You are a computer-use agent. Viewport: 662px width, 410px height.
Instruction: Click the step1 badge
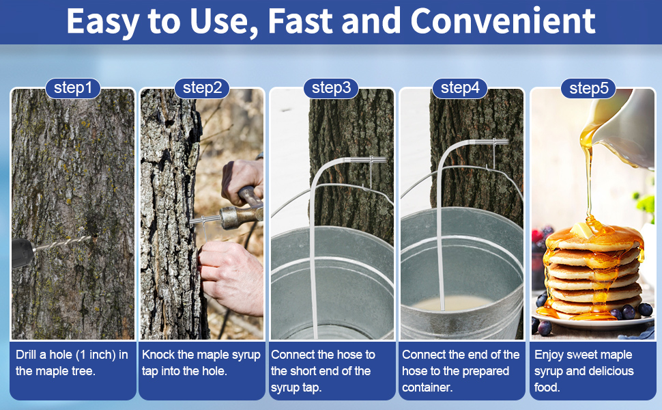coord(72,88)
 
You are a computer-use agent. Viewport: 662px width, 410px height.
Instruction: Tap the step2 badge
coord(202,88)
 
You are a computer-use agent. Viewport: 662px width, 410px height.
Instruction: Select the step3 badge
coord(331,88)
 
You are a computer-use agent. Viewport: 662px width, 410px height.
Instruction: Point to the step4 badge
coord(460,88)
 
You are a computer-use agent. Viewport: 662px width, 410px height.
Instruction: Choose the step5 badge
coord(588,89)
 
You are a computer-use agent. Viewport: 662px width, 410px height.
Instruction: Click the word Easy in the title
coord(102,22)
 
